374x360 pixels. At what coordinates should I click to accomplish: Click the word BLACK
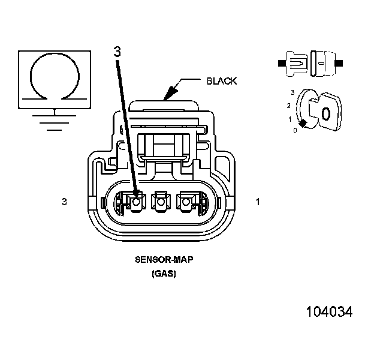tap(221, 81)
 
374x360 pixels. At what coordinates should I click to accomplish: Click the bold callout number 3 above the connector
tap(117, 52)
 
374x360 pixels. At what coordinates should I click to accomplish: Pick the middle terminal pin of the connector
tap(160, 203)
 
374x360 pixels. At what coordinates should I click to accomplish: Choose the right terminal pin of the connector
tap(186, 203)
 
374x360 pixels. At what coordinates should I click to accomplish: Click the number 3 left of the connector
tap(64, 202)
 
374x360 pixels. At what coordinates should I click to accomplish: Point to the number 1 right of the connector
tap(258, 202)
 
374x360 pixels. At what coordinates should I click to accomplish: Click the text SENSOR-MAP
tap(159, 261)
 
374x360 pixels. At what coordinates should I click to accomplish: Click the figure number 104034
tap(329, 312)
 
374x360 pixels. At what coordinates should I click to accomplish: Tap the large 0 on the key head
tap(326, 113)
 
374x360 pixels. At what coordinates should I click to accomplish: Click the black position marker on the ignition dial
tap(303, 123)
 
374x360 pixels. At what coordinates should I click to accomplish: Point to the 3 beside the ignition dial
tap(292, 93)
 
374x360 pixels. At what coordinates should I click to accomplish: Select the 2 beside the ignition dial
tap(288, 106)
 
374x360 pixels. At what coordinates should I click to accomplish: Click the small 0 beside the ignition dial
tap(294, 130)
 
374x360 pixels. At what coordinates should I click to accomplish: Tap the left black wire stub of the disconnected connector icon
tap(281, 62)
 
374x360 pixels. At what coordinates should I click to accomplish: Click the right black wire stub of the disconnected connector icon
tap(340, 62)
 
